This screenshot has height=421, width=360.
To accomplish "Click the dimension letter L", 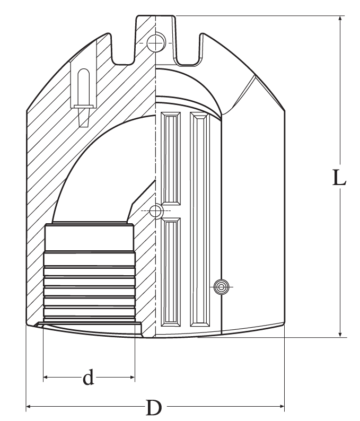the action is [x=339, y=178].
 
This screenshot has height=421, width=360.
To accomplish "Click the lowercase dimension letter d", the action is [x=89, y=377].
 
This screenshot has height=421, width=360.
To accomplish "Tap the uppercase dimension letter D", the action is [x=154, y=407].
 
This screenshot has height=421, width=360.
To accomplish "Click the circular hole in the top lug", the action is [x=155, y=42].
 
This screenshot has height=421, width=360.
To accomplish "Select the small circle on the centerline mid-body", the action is [x=156, y=211].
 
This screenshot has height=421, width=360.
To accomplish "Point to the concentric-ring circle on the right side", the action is [x=221, y=287].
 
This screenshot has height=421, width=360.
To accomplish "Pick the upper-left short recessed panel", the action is [x=171, y=159].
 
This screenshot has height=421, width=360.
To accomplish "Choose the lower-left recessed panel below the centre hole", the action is [x=171, y=272].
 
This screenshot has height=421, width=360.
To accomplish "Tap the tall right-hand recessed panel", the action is [x=199, y=219].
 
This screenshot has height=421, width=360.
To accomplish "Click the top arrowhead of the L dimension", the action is [x=340, y=19].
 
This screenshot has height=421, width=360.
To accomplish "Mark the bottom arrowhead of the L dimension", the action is [x=340, y=334].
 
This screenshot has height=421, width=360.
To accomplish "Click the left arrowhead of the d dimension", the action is [x=46, y=377].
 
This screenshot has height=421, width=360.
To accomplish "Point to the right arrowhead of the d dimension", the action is [x=132, y=377].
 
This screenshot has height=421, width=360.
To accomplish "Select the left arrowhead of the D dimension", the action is [x=29, y=407].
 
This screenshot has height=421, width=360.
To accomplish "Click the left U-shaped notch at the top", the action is [x=124, y=48].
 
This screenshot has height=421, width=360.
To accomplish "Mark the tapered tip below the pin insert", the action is [x=83, y=117].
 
